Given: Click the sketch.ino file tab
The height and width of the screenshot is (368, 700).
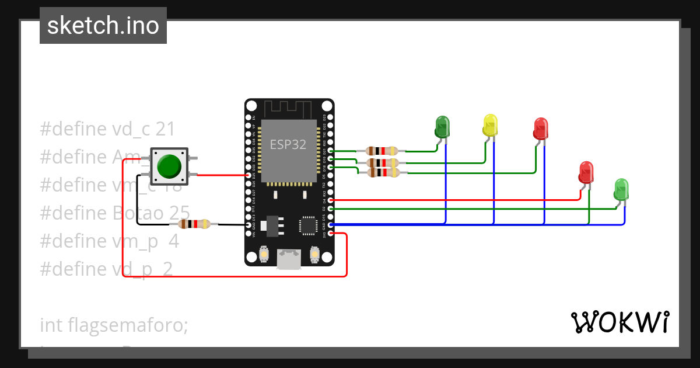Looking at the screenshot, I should [103, 26].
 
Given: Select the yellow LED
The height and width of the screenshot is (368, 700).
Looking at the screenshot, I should [491, 126].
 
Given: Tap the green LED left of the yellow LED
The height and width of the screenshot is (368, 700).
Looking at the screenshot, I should [443, 127].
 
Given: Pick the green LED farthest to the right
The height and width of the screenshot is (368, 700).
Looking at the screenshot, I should [622, 190].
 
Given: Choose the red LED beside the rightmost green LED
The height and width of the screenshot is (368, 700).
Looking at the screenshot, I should [586, 173].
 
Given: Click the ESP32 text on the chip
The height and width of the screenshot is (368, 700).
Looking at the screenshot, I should [288, 144].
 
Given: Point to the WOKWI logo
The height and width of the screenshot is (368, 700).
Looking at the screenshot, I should [619, 322].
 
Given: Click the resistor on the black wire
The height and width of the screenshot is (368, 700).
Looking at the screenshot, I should [194, 224].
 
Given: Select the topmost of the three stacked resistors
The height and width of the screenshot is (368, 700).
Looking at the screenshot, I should [381, 151].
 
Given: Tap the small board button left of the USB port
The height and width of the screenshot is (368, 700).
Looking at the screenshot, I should [264, 255].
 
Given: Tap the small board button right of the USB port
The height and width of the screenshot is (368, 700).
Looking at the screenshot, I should [314, 255].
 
